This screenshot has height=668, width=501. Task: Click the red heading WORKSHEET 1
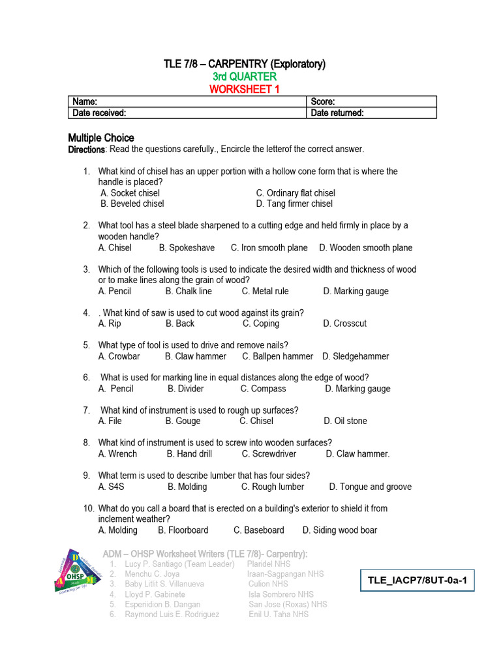pos(244,89)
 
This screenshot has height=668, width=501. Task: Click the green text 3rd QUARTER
pos(244,76)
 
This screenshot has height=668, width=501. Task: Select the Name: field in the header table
pos(187,102)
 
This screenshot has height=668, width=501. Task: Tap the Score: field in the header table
pos(371,102)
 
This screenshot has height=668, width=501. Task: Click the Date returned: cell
pos(371,113)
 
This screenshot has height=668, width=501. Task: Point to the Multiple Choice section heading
pos(101,138)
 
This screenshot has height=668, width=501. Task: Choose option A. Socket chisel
pos(130,193)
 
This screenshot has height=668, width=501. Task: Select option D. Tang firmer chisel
pos(294,204)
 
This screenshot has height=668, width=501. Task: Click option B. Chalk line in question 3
pos(189,291)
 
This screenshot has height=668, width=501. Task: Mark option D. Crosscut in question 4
pos(344,324)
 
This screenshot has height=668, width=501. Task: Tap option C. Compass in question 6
pos(263,389)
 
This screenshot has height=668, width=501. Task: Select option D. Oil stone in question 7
pos(345,421)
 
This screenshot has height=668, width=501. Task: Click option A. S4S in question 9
pos(112,487)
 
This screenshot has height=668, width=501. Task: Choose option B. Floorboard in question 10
pos(183,530)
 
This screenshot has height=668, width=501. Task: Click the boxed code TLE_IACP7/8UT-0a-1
pos(417,580)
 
